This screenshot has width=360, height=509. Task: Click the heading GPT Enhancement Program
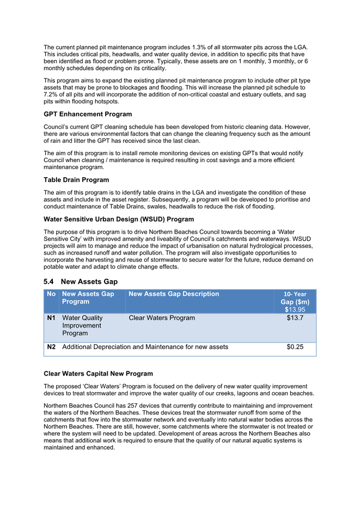coord(87,114)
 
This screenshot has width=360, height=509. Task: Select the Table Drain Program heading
coord(76,180)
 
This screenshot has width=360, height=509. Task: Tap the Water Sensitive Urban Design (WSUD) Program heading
coord(119,219)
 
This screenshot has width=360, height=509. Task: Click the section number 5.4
coord(50,281)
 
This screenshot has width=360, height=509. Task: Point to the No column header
coord(51,294)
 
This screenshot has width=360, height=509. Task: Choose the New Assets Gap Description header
coord(174,294)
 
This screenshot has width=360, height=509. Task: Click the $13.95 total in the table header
coord(295,309)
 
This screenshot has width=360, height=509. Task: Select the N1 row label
coord(51,318)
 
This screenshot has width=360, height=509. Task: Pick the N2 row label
coord(51,347)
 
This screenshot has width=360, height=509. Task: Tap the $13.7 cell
coord(295,318)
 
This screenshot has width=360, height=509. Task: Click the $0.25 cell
coord(295,347)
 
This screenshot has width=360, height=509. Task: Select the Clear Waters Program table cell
coord(162,318)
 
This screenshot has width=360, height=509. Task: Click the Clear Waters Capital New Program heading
coord(98,373)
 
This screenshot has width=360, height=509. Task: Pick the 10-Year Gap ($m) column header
coord(295,298)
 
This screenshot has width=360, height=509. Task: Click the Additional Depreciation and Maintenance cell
coord(145,347)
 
